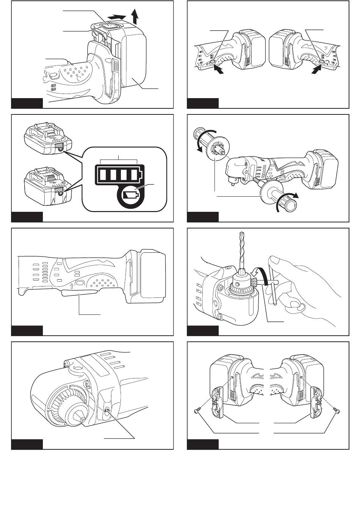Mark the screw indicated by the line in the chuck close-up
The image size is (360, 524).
(x=107, y=410)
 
